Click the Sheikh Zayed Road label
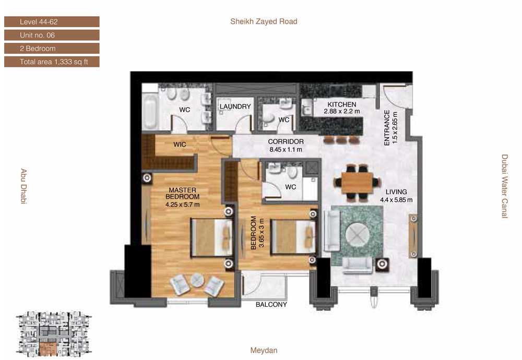[x=264, y=21]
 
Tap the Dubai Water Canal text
[x=505, y=186]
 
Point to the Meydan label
[x=264, y=351]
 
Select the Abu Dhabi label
[x=23, y=186]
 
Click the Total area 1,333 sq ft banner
[x=52, y=62]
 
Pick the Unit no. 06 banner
[x=52, y=35]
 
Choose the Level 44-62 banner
[x=52, y=22]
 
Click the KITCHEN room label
[x=342, y=104]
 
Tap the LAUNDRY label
[x=235, y=106]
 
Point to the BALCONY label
[x=271, y=305]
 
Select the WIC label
[x=180, y=145]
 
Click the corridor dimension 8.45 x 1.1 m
[x=286, y=150]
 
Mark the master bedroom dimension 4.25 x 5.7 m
[x=182, y=205]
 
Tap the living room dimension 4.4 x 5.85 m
[x=397, y=200]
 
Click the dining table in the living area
[x=357, y=182]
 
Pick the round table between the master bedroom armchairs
[x=197, y=280]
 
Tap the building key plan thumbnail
[x=54, y=334]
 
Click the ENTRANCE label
[x=387, y=128]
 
